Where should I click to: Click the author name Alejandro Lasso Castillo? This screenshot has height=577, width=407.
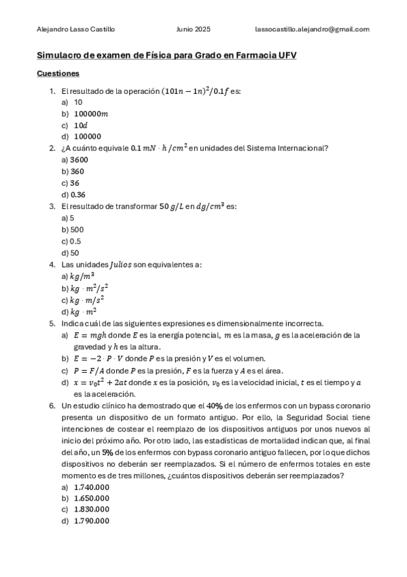click(x=75, y=29)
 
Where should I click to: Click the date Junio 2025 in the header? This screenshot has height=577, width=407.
click(x=193, y=29)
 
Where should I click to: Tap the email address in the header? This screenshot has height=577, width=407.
click(x=312, y=29)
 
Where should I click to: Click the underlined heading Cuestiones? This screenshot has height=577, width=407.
click(x=58, y=73)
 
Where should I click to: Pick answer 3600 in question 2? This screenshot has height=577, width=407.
click(x=79, y=159)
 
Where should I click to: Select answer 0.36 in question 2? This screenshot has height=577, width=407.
click(x=78, y=194)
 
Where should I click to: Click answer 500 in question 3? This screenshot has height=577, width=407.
click(x=76, y=229)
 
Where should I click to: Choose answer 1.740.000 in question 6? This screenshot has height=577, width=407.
click(x=91, y=487)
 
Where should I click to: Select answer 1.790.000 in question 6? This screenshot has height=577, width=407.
click(x=91, y=521)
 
